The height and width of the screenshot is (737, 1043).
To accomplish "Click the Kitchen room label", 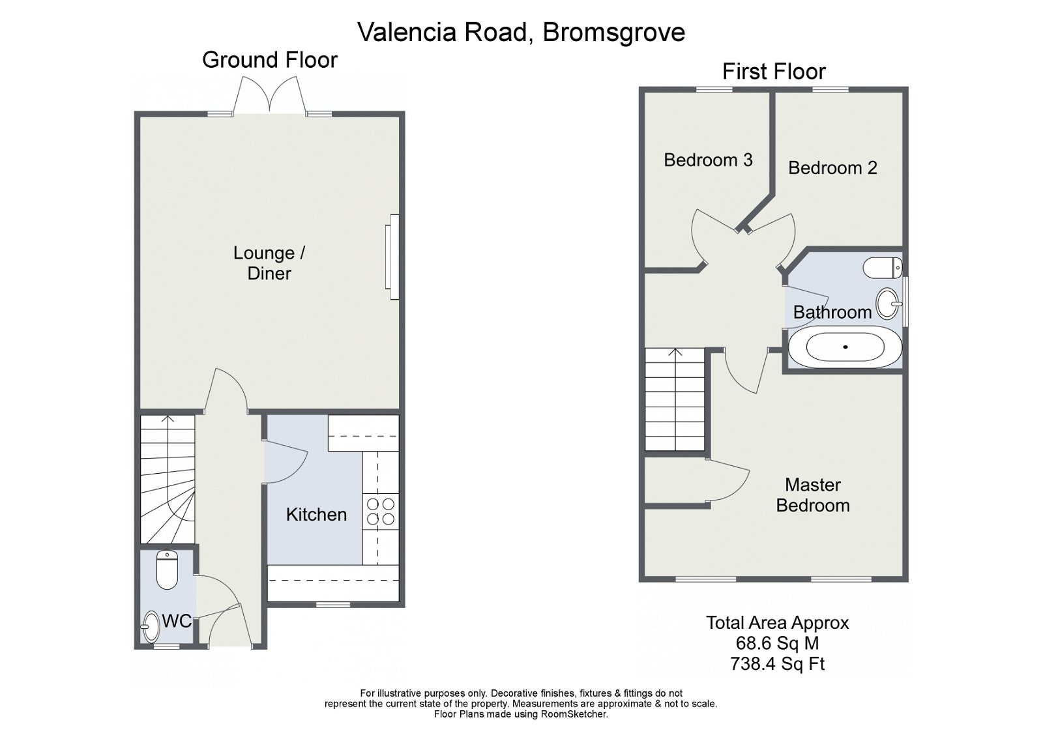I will point(316,514).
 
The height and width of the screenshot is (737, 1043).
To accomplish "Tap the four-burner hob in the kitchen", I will point(380,511).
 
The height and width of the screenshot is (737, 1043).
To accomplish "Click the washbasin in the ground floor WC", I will point(151,626).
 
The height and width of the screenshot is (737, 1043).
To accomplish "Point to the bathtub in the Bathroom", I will point(845,347).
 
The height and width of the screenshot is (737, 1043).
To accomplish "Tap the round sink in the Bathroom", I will point(888,303).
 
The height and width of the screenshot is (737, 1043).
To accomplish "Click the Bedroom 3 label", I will point(708,160).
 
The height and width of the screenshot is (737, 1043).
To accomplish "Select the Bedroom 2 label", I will point(832,167).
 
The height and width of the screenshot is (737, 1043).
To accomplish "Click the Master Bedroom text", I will point(812,495).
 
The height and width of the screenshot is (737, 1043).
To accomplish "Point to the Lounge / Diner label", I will point(269,263).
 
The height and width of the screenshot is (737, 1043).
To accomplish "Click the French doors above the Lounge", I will point(270,96).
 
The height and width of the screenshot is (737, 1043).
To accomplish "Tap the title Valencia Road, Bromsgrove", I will point(521,32).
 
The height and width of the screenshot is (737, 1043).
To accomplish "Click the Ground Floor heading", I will point(269,60).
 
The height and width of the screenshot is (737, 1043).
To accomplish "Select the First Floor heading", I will point(774,71).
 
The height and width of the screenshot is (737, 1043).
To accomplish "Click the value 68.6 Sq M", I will point(777,643).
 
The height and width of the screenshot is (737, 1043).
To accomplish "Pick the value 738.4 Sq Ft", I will point(777,664).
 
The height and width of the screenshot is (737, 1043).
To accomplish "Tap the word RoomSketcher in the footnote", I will point(574,714).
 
